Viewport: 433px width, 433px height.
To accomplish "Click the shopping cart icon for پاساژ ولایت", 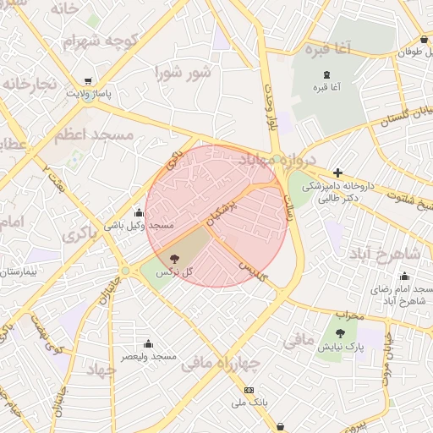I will (88, 83).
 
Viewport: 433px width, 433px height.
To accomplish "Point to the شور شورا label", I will (181, 73).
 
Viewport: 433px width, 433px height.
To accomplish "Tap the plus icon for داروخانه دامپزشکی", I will (337, 173).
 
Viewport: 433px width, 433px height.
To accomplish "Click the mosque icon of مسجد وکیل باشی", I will (139, 212).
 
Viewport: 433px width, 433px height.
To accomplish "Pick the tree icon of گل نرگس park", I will (175, 258).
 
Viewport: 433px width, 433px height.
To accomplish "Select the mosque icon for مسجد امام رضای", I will (404, 277).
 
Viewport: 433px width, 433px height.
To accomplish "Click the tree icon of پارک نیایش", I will (340, 334).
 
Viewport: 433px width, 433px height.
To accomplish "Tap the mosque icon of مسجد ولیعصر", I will (148, 343).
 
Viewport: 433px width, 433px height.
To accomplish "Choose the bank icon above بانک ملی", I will (249, 390).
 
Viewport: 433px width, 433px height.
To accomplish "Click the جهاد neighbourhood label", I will (99, 370).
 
